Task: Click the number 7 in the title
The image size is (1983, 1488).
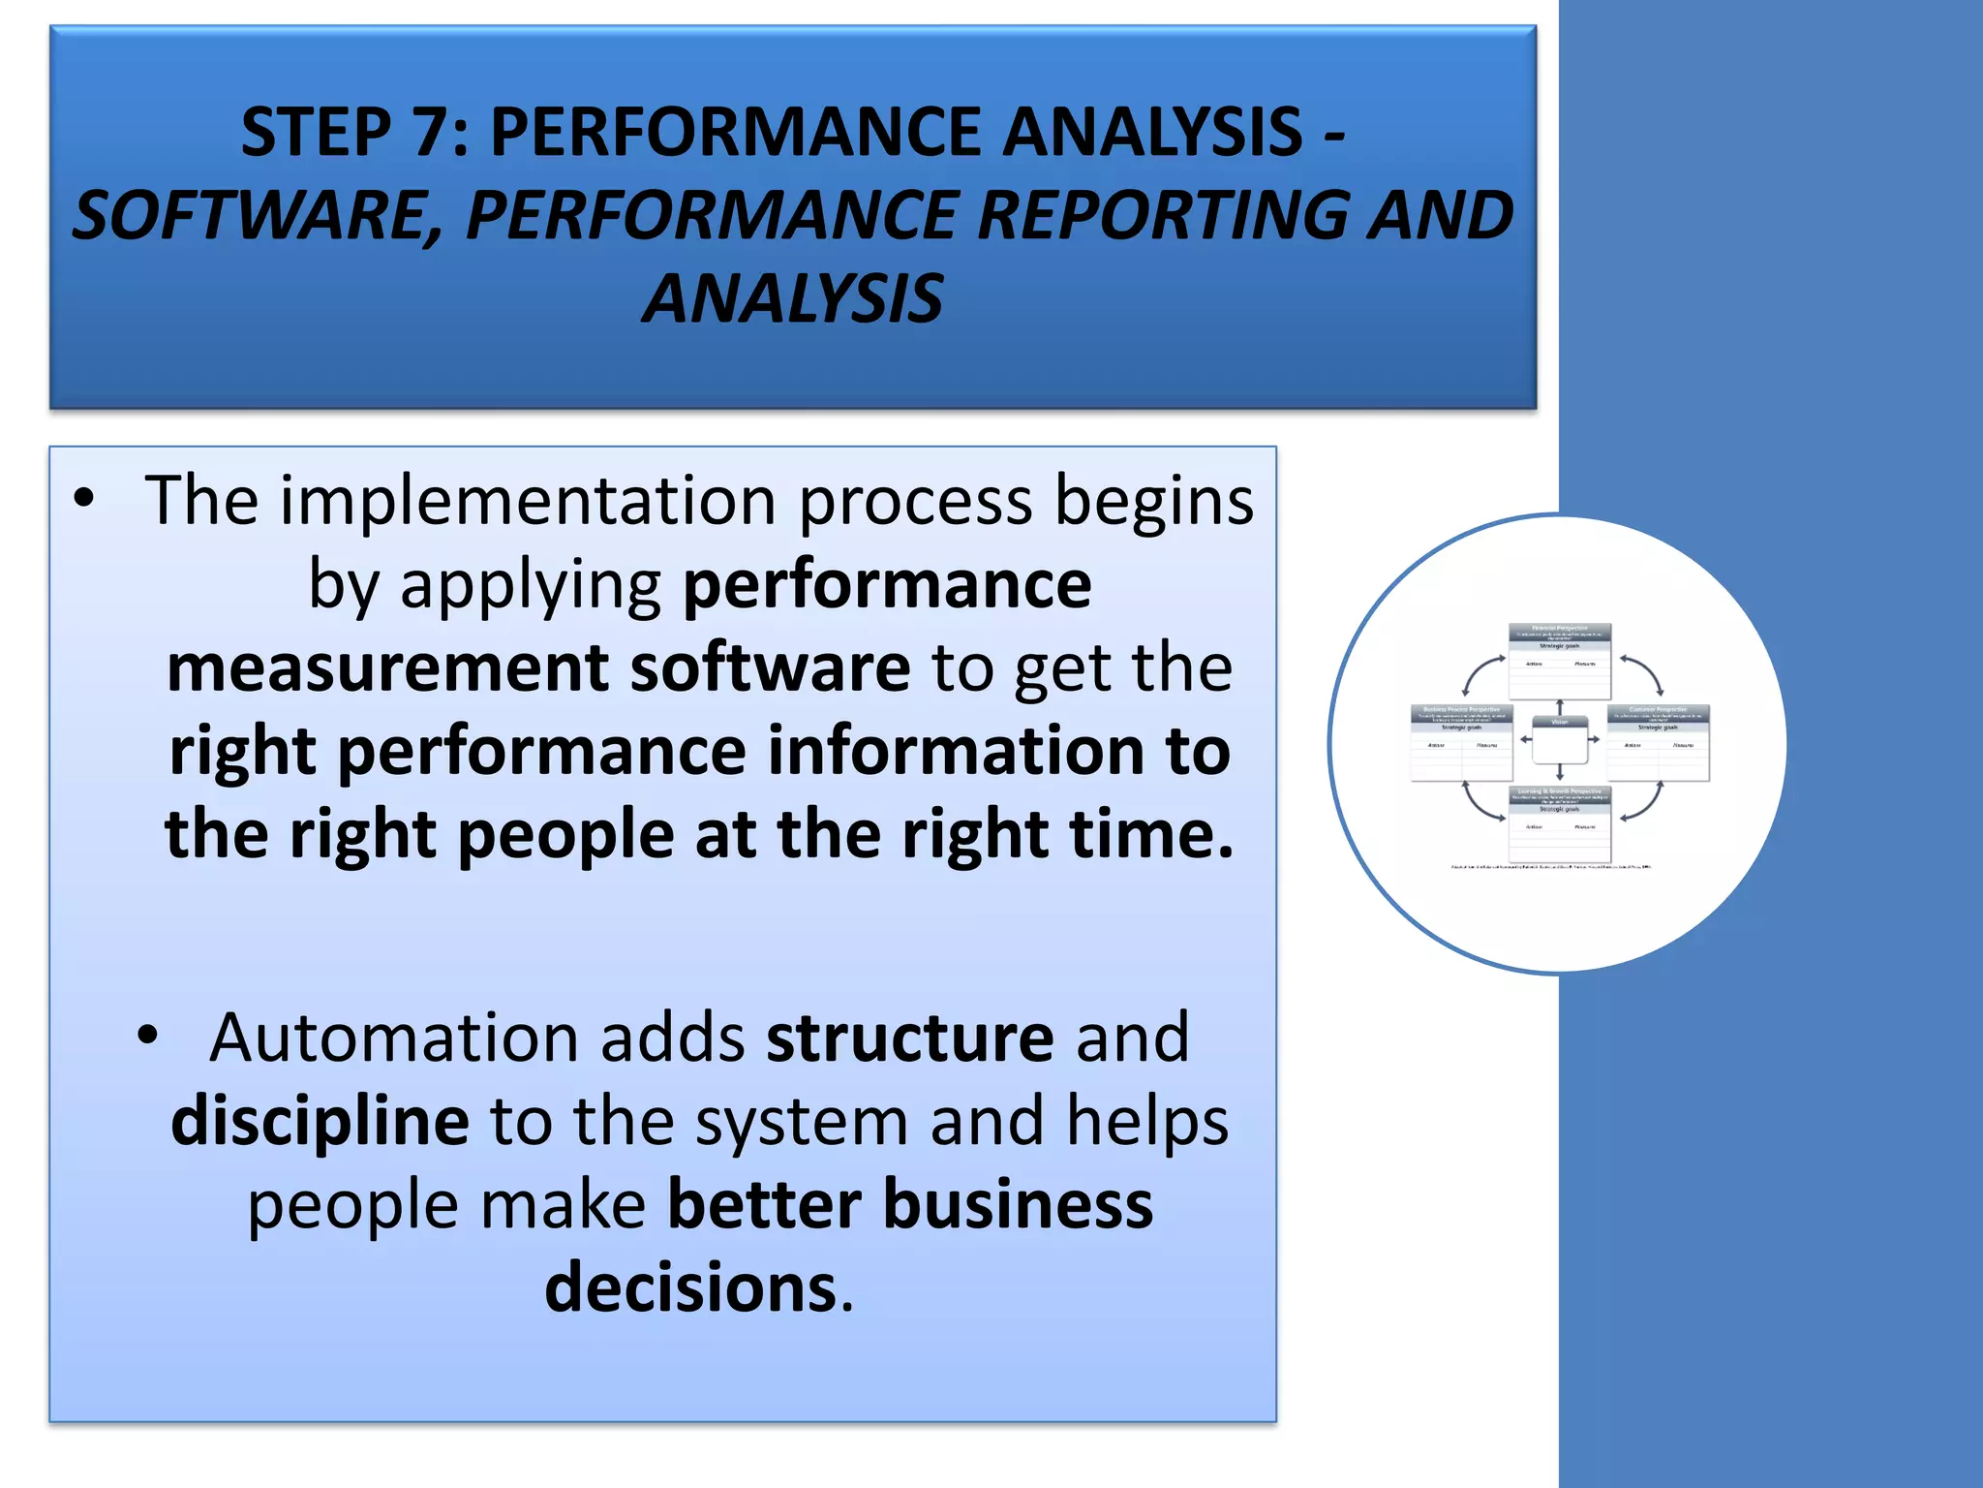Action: point(430,133)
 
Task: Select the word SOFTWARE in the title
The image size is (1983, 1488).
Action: point(254,216)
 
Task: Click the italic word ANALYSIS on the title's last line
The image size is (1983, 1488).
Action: point(792,299)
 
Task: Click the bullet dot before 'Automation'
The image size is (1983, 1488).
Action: point(147,1036)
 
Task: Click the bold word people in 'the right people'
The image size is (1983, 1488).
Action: point(565,835)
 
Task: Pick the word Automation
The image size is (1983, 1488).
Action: point(395,1038)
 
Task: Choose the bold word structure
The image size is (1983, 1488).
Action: point(909,1038)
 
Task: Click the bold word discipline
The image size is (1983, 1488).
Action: point(320,1121)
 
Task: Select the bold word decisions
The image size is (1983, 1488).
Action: point(690,1288)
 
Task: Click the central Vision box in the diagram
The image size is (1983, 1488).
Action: point(1559,741)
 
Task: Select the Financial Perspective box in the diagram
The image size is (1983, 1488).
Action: point(1559,661)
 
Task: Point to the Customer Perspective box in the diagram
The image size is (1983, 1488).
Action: point(1658,742)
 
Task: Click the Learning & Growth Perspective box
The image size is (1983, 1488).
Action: point(1559,823)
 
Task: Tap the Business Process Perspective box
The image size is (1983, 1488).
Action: point(1461,742)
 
